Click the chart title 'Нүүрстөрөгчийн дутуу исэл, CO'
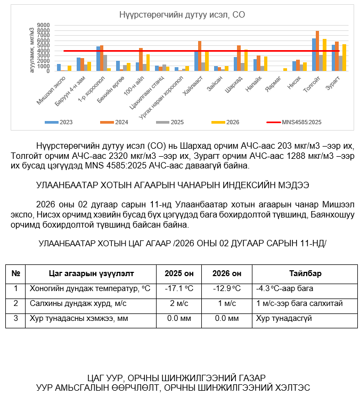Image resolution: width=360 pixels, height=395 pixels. [182, 14]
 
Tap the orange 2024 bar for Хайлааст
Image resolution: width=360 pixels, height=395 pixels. [200, 56]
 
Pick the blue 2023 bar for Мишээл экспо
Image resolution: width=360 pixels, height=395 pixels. [59, 68]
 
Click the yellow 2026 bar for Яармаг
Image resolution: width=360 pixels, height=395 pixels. [285, 69]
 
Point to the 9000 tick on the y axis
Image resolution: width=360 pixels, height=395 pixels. [44, 25]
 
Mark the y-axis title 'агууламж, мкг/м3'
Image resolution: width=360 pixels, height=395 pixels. [32, 48]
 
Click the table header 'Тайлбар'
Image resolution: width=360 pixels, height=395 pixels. [305, 273]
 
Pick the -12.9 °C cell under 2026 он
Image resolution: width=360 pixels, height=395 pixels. [226, 288]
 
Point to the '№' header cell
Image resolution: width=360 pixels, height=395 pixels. [16, 273]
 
